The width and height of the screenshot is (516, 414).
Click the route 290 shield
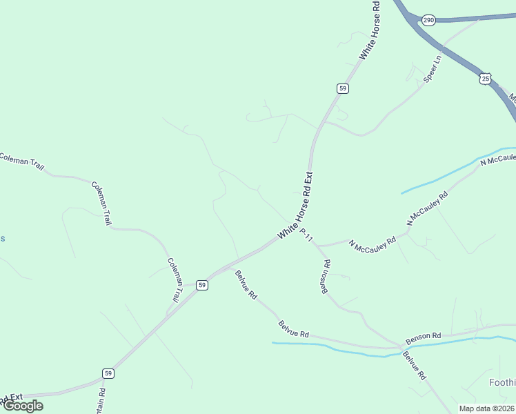pos(429,20)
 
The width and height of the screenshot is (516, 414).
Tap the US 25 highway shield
pos(486,79)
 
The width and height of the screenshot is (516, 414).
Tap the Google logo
pos(22,406)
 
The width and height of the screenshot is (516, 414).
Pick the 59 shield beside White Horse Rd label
pos(343,88)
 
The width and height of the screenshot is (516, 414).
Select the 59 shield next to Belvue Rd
pos(201,285)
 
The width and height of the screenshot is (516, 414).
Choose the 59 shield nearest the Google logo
pos(108,373)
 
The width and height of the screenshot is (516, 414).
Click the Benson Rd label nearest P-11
pos(325,277)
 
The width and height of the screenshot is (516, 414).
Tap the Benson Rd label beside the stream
pos(423,338)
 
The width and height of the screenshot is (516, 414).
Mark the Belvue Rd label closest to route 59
pos(246,284)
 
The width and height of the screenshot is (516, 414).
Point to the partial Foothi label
pos(502,382)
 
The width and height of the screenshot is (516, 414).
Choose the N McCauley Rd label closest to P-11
pos(372,244)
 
